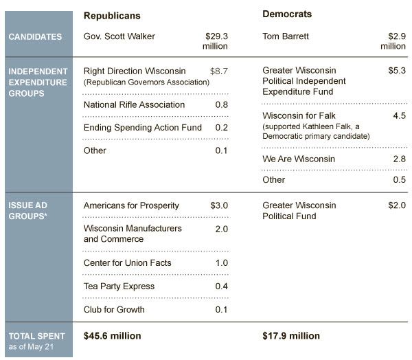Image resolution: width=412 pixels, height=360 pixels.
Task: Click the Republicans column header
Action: pyautogui.click(x=112, y=16)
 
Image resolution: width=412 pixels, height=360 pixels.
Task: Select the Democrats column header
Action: pyautogui.click(x=287, y=14)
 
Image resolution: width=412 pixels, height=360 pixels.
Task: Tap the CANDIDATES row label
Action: pyautogui.click(x=35, y=36)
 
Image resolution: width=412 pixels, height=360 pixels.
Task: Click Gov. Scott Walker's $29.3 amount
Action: pyautogui.click(x=216, y=36)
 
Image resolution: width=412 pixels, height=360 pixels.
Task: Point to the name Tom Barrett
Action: pyautogui.click(x=286, y=36)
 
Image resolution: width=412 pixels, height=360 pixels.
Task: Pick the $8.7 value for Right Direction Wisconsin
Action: pyautogui.click(x=219, y=71)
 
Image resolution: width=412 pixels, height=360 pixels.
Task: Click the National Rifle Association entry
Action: pyautogui.click(x=134, y=104)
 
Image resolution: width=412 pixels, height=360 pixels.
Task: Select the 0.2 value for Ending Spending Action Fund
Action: pyautogui.click(x=222, y=128)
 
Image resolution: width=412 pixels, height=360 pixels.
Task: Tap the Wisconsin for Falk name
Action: pyautogui.click(x=299, y=115)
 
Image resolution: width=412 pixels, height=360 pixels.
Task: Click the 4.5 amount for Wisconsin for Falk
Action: pyautogui.click(x=400, y=115)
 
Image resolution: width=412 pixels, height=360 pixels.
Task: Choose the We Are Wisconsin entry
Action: pyautogui.click(x=299, y=159)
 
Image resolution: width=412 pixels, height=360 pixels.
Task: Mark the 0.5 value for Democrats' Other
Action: pyautogui.click(x=400, y=179)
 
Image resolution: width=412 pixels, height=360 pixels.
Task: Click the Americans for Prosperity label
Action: pyautogui.click(x=131, y=205)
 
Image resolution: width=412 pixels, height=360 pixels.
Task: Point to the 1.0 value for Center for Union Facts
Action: pyautogui.click(x=222, y=262)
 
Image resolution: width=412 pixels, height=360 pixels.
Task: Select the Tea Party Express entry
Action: pyautogui.click(x=119, y=286)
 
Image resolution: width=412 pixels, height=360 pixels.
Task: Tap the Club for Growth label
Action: pyautogui.click(x=114, y=310)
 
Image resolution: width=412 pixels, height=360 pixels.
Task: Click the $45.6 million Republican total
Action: pyautogui.click(x=112, y=336)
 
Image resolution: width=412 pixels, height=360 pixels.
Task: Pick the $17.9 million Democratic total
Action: pyautogui.click(x=291, y=336)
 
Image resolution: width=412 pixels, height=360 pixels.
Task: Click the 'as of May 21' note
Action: pyautogui.click(x=31, y=347)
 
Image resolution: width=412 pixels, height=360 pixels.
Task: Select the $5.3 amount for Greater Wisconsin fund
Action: pyautogui.click(x=397, y=70)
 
